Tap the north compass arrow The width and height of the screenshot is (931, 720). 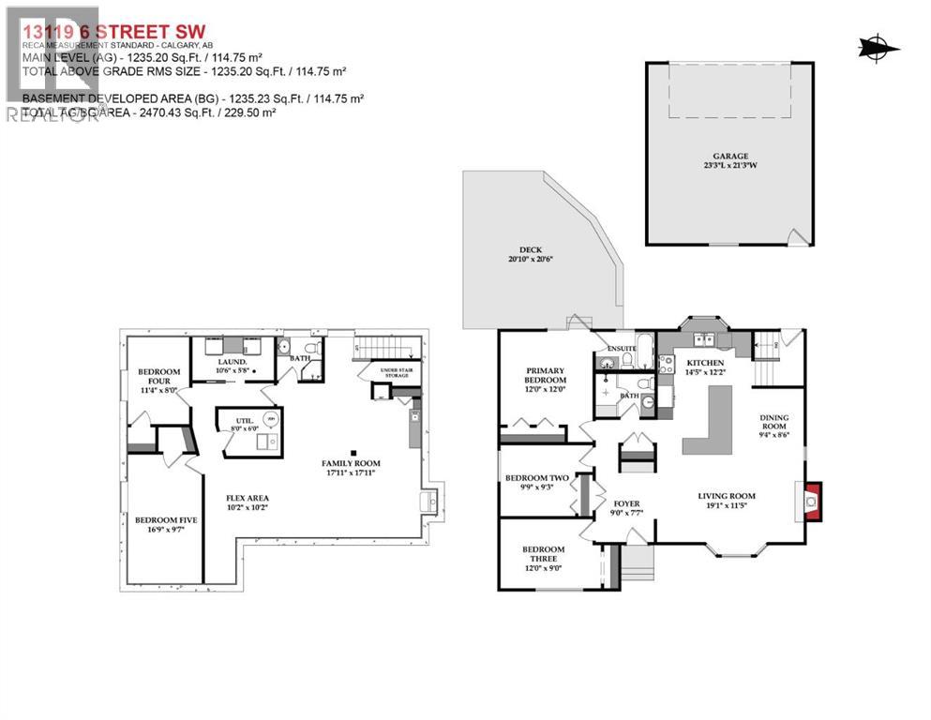pos(878,47)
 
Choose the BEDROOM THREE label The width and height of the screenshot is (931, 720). pos(544,554)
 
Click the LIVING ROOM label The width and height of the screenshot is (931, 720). pos(727,496)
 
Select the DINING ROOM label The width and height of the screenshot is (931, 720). pos(774,423)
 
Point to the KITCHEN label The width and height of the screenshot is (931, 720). pos(704,362)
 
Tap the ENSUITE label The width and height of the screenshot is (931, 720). pos(622,349)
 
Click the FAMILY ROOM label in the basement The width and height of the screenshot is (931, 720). pos(351,463)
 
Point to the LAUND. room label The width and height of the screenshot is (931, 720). pos(232,361)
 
